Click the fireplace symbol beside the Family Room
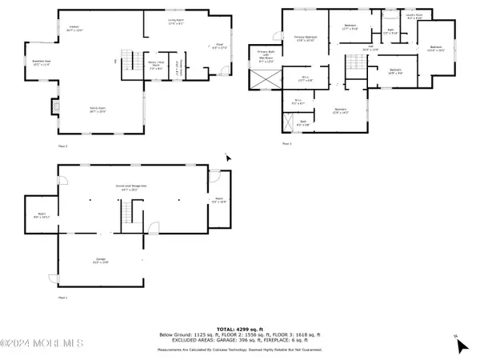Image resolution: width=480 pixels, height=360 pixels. click(x=55, y=106)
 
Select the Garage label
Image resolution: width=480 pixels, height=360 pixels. click(x=102, y=261)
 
